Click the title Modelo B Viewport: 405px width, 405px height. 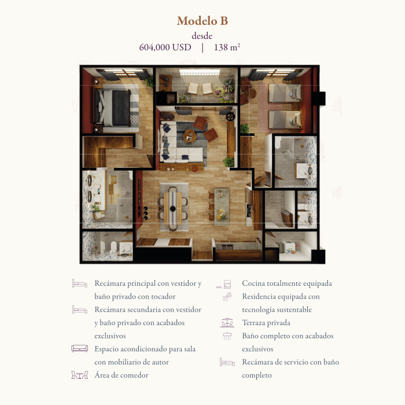pos(203,21)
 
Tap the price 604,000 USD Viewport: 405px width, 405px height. pos(165,47)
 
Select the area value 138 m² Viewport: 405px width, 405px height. pos(227,47)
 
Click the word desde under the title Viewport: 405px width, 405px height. pos(202,36)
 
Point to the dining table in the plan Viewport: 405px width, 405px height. pos(173,208)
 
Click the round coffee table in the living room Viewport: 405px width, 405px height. pos(190,135)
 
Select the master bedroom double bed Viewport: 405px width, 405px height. pos(113,108)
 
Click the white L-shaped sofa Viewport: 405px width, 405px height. pos(178,145)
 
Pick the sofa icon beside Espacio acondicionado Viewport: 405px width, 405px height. pos(80,349)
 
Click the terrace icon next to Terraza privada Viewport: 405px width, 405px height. pos(227,323)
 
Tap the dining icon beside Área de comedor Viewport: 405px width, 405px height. pos(80,375)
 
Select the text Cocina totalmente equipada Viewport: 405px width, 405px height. pos(287,283)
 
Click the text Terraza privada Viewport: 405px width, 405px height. pos(266,323)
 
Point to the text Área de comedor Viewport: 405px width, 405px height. pos(122,375)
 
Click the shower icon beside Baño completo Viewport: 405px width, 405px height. pos(227,336)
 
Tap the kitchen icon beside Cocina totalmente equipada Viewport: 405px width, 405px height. pos(224,284)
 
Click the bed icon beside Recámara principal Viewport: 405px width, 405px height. pos(80,283)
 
